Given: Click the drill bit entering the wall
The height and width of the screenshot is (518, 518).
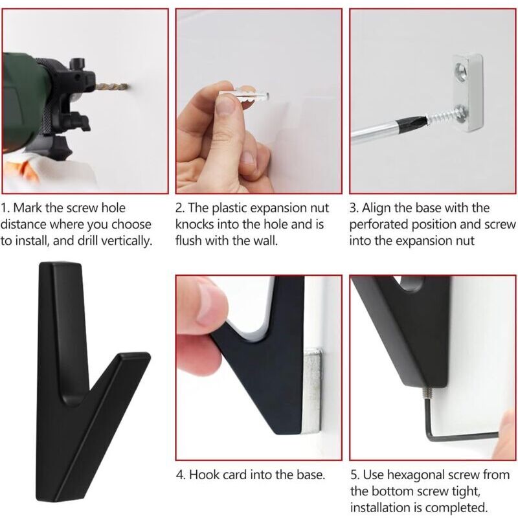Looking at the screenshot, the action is tap(111, 87).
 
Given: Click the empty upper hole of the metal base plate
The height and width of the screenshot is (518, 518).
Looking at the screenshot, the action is tap(460, 69).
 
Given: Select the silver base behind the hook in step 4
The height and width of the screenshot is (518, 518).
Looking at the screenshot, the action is tap(312, 390).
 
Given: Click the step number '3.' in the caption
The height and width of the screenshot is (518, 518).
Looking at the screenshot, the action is tap(354, 208).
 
